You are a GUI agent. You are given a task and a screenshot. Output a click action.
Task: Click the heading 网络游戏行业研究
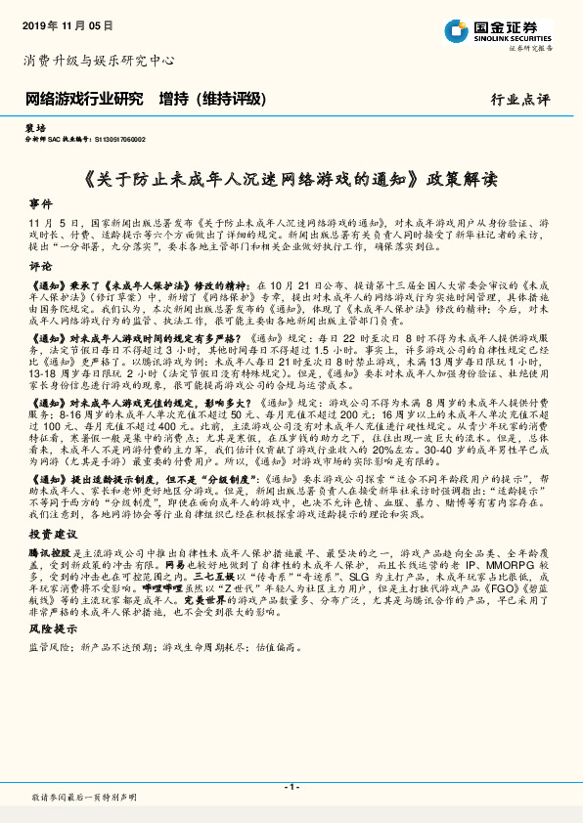point(83,99)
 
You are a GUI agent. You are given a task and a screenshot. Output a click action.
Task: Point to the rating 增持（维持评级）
point(211,99)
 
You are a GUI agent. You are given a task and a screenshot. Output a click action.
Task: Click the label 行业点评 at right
point(520,100)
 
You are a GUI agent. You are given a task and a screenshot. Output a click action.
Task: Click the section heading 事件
point(40,205)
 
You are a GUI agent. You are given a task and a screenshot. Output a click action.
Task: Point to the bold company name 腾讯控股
point(46,552)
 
